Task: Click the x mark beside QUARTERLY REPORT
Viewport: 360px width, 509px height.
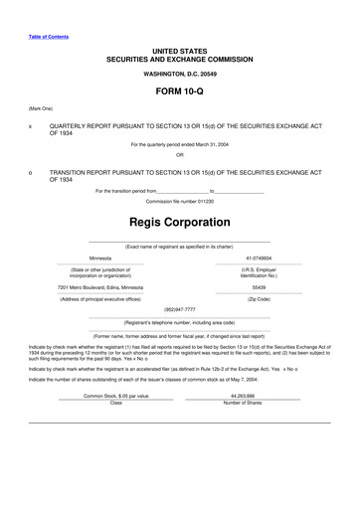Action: pos(31,127)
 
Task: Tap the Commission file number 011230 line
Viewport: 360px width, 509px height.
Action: pos(180,202)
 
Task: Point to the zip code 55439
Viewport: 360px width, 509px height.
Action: pos(259,286)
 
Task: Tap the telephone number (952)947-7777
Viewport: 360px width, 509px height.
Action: pos(180,309)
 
